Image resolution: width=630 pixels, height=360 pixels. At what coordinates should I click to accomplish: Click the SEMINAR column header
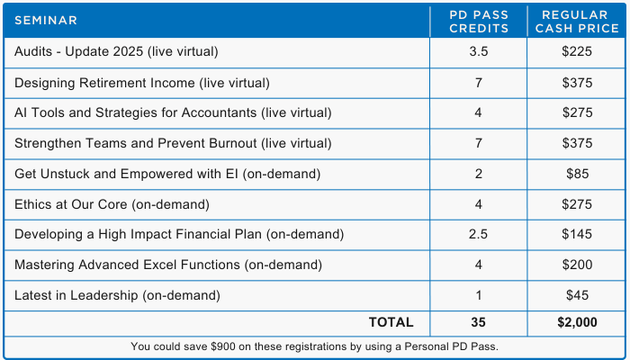[x=46, y=21]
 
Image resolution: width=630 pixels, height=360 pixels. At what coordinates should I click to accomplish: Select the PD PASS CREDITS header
[x=479, y=22]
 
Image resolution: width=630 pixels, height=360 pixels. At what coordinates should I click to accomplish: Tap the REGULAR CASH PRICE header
[x=577, y=22]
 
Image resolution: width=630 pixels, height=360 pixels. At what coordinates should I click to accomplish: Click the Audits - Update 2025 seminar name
[x=116, y=52]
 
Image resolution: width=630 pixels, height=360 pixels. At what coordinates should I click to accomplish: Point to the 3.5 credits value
[x=478, y=52]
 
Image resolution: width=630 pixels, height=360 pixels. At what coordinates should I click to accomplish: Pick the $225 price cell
[x=577, y=52]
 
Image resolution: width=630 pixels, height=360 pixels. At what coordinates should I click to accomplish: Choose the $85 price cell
[x=578, y=174]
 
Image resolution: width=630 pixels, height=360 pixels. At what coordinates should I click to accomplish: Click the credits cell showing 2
[x=478, y=174]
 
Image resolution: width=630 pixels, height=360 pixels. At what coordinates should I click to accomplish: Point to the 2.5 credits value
[x=478, y=234]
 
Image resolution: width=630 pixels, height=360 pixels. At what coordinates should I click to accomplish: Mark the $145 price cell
[x=577, y=234]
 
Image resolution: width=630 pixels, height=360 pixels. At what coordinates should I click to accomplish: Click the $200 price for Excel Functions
[x=577, y=265]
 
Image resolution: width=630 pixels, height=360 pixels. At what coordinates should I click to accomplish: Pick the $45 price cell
[x=578, y=295]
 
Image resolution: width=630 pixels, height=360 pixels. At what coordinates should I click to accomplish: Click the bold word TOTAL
[x=391, y=322]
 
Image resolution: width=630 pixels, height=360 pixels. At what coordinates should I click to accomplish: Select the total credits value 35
[x=478, y=322]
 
